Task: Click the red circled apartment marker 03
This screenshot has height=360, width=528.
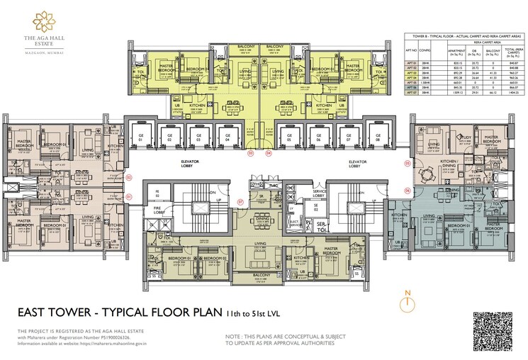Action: click(250, 152)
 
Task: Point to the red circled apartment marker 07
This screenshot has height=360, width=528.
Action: click(240, 202)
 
